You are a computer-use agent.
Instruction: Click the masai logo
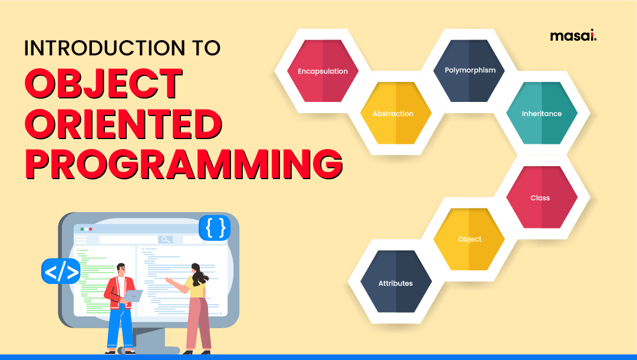[x=573, y=37]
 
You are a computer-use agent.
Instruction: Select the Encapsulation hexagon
[x=322, y=71]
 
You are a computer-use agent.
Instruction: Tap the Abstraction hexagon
[x=393, y=114]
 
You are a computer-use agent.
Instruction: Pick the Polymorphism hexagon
[x=470, y=70]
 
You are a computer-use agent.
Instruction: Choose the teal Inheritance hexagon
[x=542, y=114]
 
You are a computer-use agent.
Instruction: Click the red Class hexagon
[x=540, y=198]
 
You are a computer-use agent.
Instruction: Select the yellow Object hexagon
[x=470, y=239]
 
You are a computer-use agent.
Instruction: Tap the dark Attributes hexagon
[x=395, y=283]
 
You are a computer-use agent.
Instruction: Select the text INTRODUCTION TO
[x=122, y=48]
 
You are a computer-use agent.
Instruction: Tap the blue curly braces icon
[x=214, y=227]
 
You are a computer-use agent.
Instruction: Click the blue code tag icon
[x=61, y=272]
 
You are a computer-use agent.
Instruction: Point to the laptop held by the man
[x=134, y=295]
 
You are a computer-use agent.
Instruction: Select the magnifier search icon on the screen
[x=166, y=239]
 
